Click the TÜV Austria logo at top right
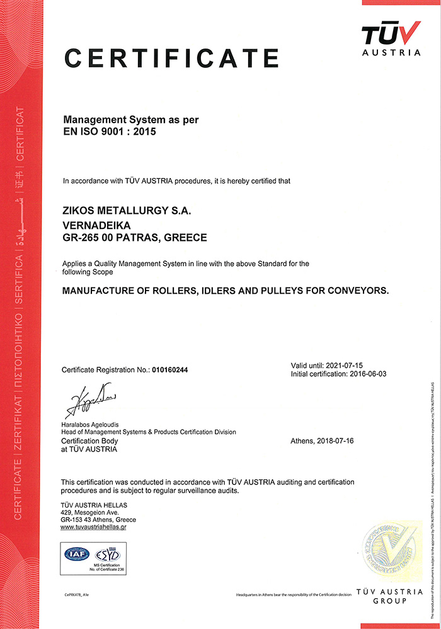click(x=391, y=38)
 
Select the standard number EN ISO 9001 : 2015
click(x=110, y=132)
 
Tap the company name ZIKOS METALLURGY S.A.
click(x=127, y=212)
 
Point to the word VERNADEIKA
click(x=96, y=225)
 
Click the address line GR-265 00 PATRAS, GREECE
click(x=135, y=238)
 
